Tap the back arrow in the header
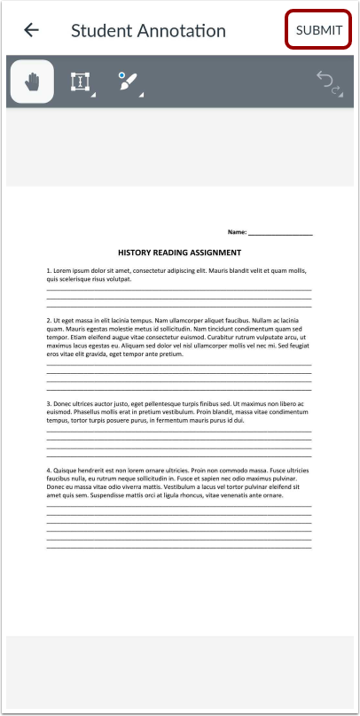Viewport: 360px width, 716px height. pos(31,30)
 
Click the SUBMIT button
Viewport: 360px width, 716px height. pos(318,30)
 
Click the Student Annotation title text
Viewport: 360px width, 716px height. pos(148,30)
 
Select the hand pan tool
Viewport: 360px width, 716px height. pos(31,82)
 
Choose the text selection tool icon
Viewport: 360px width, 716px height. pos(81,82)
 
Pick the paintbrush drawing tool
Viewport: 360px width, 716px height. pos(127,82)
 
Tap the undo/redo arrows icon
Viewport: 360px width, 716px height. pos(329,82)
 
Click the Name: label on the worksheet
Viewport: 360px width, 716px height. pos(237,232)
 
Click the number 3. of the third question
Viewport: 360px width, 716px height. pos(49,403)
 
